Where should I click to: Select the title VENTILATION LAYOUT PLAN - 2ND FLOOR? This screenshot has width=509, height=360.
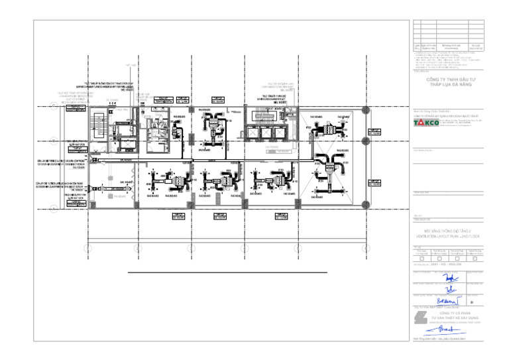[447, 236]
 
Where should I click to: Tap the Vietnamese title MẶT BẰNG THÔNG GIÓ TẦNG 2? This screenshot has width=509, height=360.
[447, 231]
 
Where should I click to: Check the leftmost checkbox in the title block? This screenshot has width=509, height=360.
[422, 258]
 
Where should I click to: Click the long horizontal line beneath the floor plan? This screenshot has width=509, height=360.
[227, 272]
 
